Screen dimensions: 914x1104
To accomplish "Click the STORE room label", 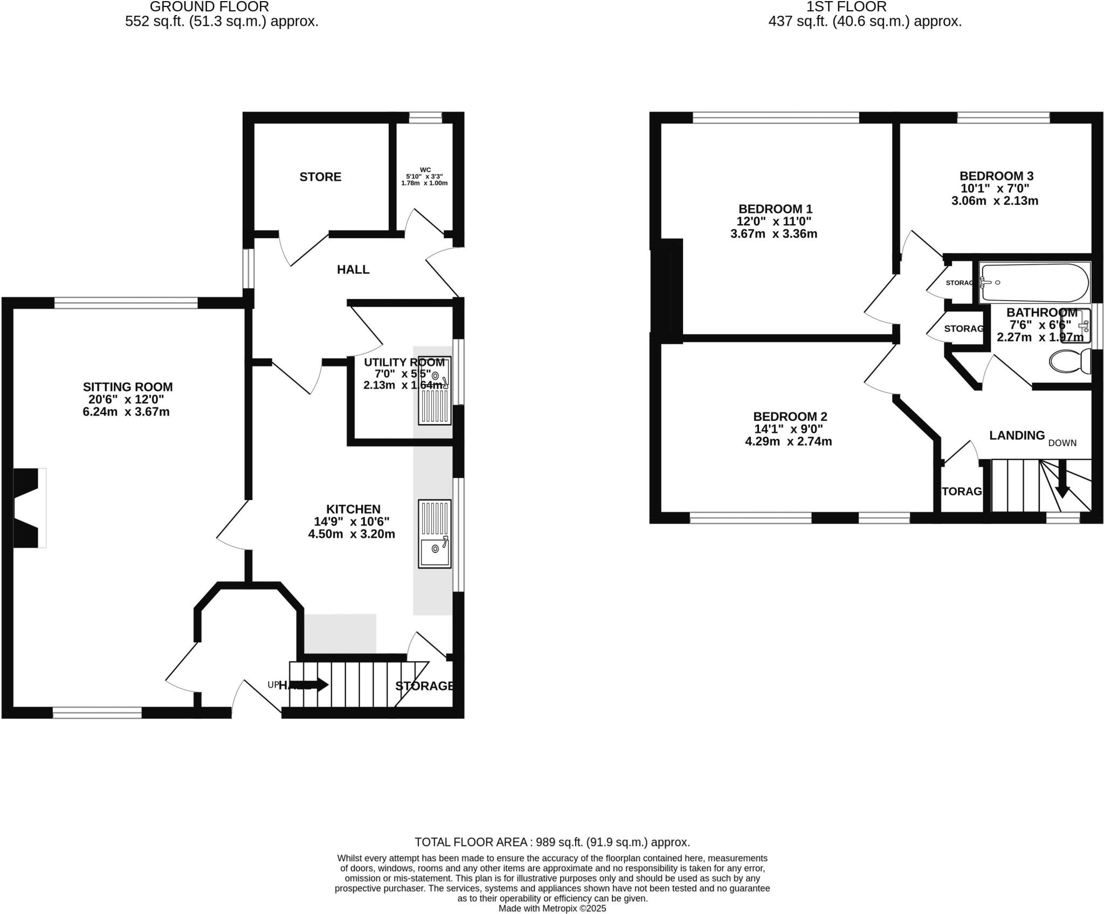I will click(x=320, y=177).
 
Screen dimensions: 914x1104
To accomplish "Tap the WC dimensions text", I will click(x=424, y=180).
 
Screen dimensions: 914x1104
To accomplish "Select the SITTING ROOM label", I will click(x=128, y=386).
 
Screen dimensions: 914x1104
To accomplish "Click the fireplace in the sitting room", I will click(x=27, y=508).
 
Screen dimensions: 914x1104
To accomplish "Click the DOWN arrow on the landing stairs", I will click(x=1062, y=487).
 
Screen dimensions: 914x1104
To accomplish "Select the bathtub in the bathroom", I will click(x=1034, y=282).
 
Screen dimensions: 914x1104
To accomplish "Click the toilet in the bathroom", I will click(x=1071, y=361).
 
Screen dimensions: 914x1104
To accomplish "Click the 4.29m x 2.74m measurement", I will click(x=788, y=441).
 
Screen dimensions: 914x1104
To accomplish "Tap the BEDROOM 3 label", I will click(x=996, y=176).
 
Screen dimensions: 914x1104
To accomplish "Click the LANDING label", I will click(x=1017, y=435).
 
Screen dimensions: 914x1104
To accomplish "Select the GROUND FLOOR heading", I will click(x=209, y=7).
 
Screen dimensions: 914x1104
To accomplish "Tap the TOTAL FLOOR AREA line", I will click(x=552, y=842).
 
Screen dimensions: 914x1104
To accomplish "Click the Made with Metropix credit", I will click(x=552, y=909).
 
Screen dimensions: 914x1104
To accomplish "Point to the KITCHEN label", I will click(x=353, y=509).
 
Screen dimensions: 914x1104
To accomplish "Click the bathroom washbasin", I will click(x=1075, y=326).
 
